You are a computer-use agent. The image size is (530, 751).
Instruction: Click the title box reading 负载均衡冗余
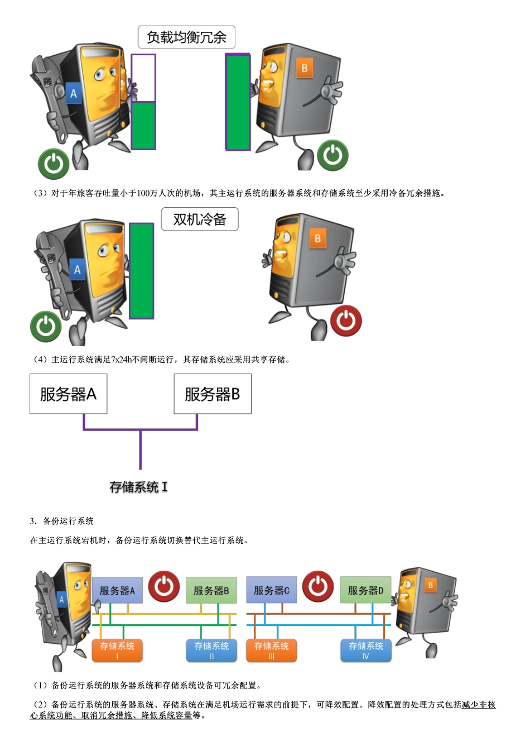(x=186, y=37)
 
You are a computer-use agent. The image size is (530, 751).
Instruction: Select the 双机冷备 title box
(x=200, y=219)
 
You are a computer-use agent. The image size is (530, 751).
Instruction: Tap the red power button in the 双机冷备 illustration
(x=346, y=321)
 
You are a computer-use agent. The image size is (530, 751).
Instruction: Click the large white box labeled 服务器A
(x=68, y=394)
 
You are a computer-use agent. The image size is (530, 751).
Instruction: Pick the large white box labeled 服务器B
(x=213, y=394)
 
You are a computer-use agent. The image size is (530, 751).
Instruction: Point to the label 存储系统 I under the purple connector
(x=138, y=487)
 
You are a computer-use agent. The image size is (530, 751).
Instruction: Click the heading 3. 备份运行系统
(x=62, y=521)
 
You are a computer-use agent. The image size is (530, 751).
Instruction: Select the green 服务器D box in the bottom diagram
(x=365, y=590)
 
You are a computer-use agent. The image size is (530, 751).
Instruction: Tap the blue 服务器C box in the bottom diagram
(x=271, y=590)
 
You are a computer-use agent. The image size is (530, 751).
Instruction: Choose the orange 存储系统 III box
(x=271, y=650)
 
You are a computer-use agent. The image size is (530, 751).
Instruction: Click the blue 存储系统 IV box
(x=365, y=650)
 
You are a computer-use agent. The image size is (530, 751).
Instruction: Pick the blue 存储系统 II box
(x=211, y=650)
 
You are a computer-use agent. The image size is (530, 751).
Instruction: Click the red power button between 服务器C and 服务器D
(x=318, y=586)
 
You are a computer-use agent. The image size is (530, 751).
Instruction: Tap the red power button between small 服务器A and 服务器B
(x=164, y=586)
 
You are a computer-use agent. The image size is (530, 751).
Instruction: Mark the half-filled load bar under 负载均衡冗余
(x=143, y=102)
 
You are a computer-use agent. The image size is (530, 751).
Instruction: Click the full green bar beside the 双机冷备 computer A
(x=142, y=271)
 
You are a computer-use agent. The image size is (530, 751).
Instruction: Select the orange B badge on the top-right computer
(x=305, y=68)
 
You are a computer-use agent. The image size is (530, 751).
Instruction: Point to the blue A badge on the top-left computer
(x=73, y=93)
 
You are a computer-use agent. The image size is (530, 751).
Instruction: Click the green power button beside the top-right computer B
(x=333, y=155)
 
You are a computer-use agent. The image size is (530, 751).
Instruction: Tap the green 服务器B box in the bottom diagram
(x=211, y=590)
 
